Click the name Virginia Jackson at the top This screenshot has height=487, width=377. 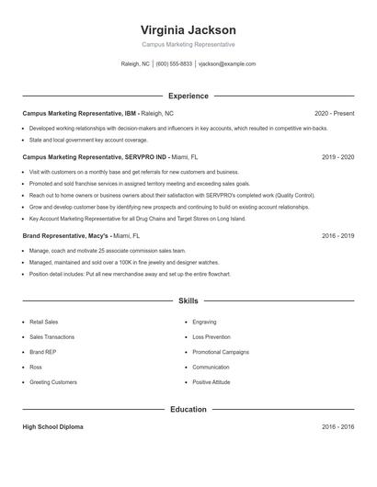click(188, 29)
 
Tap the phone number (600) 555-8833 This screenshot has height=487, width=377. click(174, 64)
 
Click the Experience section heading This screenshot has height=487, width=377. click(188, 96)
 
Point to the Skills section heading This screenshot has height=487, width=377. click(188, 300)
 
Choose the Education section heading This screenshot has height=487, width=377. click(188, 409)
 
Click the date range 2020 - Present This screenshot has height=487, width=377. click(334, 113)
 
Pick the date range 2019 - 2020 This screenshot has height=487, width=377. click(337, 157)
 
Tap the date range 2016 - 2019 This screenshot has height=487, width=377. click(337, 235)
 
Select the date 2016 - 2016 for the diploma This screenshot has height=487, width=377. click(337, 427)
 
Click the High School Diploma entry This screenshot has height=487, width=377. click(53, 427)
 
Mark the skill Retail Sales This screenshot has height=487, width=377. click(44, 323)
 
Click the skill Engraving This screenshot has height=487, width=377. click(204, 323)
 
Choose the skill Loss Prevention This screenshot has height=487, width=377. click(211, 337)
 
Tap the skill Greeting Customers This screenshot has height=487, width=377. click(53, 381)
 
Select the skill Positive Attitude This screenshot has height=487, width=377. click(211, 381)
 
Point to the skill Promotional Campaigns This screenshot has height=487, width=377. click(221, 352)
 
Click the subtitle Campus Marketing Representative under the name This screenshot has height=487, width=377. click(188, 44)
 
